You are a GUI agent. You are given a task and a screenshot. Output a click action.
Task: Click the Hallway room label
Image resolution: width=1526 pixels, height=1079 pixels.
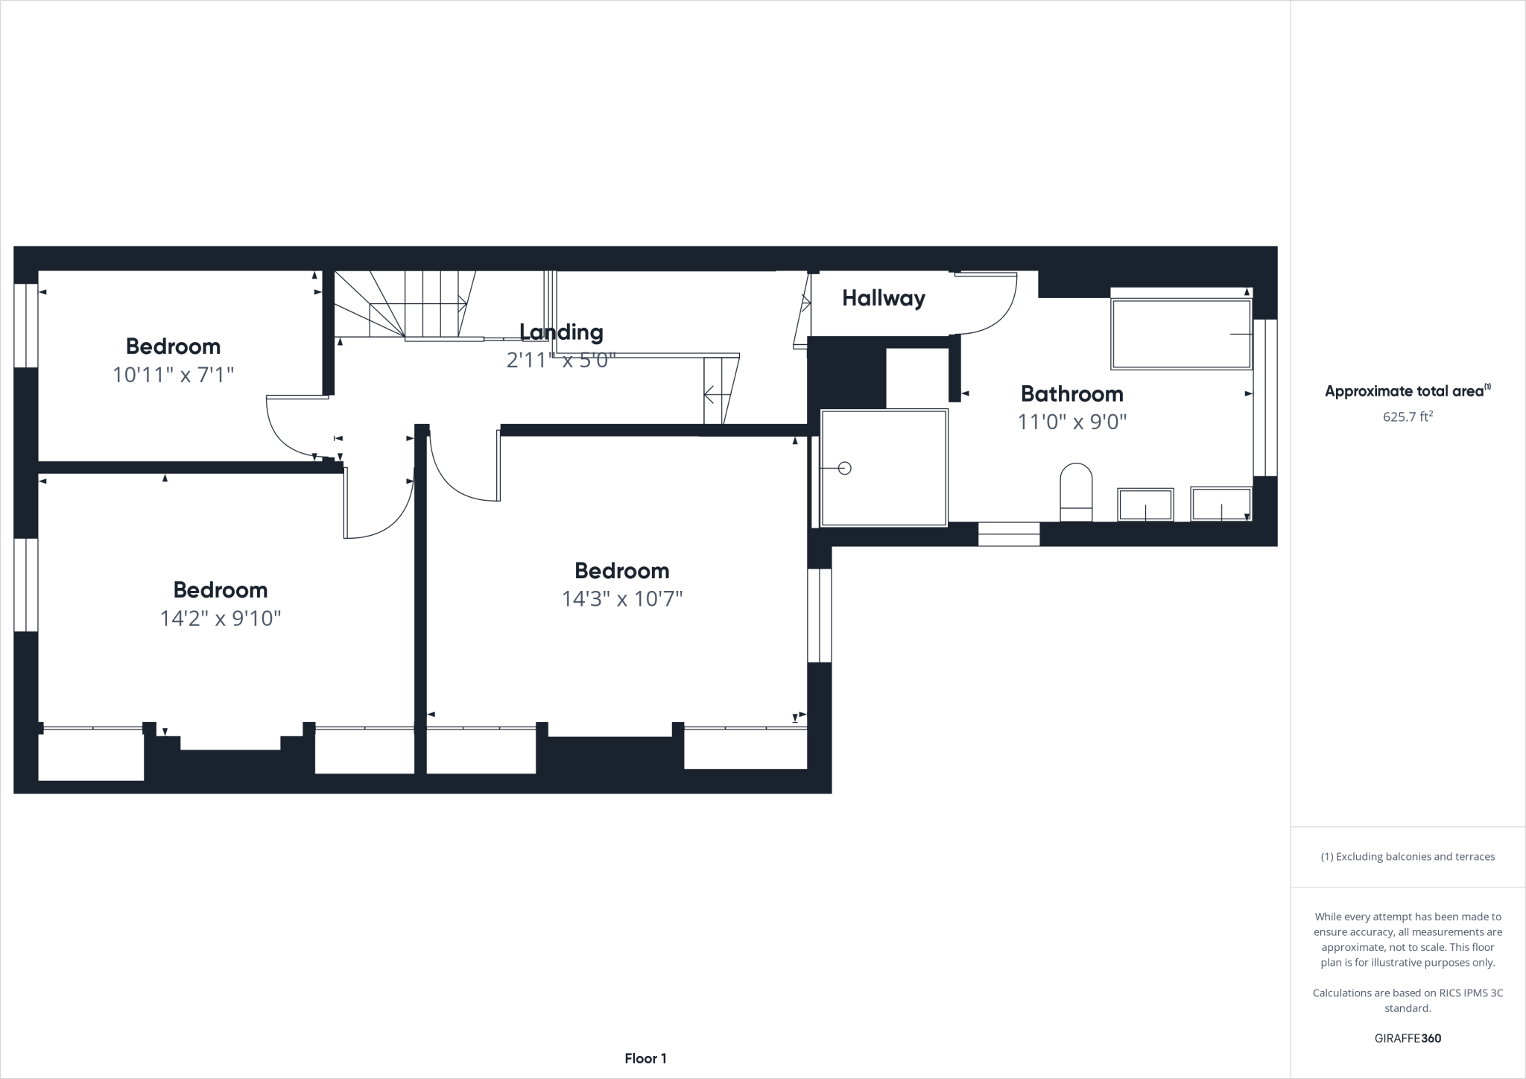tap(884, 299)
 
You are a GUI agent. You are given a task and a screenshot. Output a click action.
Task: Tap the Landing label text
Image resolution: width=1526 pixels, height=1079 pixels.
tap(561, 332)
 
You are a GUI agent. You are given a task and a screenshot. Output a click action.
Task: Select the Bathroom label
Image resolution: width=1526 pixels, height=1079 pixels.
tap(1071, 393)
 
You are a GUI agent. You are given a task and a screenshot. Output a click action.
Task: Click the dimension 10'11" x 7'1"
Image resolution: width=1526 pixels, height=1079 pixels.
tap(173, 375)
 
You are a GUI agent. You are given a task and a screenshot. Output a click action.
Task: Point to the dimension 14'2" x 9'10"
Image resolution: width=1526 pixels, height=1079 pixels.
tap(221, 618)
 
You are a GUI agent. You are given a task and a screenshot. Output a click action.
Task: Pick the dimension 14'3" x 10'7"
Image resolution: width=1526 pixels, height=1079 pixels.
tap(622, 599)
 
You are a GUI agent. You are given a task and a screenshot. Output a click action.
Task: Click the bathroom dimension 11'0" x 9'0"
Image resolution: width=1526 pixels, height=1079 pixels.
tap(1071, 423)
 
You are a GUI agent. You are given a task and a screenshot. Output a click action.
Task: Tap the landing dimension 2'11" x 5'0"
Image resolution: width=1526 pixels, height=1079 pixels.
tap(561, 361)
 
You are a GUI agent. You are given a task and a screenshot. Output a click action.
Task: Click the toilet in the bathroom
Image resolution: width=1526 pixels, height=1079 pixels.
tap(1076, 492)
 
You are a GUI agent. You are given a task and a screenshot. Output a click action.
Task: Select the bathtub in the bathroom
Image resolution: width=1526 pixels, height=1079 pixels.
tap(1181, 335)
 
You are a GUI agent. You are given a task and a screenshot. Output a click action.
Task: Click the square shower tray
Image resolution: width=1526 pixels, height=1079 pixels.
tap(884, 468)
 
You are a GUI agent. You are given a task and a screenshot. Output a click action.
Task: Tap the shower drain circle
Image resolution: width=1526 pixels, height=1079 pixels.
tap(844, 468)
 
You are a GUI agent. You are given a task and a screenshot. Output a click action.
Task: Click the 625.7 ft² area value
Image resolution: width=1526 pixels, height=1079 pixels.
tap(1408, 417)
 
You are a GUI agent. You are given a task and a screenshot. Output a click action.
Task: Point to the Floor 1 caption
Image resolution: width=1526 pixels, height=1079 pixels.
tap(645, 1059)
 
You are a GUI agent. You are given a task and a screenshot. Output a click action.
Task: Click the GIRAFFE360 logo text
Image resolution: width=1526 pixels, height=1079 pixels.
tap(1408, 1039)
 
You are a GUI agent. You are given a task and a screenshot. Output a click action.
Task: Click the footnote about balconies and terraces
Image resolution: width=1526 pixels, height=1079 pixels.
tap(1408, 857)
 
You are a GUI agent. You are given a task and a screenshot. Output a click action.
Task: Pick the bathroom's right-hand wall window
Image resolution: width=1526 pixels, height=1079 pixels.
tap(1265, 398)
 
